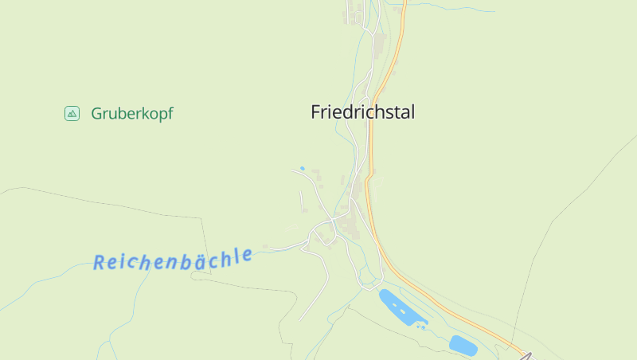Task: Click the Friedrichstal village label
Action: point(362,112)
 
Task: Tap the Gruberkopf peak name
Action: point(131,114)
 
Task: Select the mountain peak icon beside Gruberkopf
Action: point(72,114)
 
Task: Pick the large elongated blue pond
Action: point(401,309)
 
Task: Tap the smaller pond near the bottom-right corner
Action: point(463,345)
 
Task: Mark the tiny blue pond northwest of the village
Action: point(302,169)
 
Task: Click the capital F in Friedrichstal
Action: point(316,112)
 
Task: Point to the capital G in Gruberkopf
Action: point(97,114)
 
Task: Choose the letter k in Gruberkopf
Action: point(142,113)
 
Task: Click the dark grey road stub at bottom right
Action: point(526,356)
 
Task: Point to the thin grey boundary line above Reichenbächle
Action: point(119,205)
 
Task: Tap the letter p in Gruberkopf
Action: point(160,115)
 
